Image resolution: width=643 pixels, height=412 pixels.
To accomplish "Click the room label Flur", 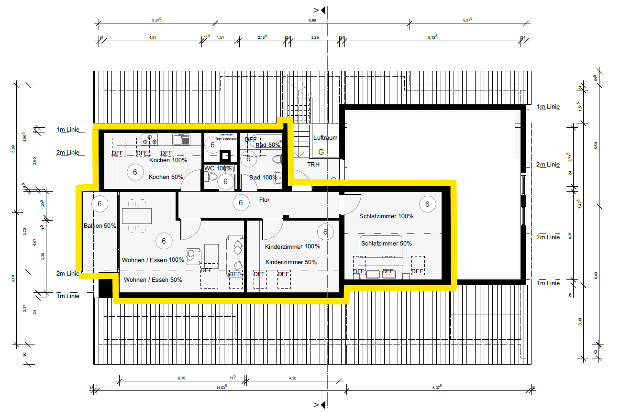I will (x=264, y=200).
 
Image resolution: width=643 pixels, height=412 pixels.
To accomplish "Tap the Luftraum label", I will (x=325, y=138).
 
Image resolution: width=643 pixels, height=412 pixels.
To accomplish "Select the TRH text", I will (x=313, y=164).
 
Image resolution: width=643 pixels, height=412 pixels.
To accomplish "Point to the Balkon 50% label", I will (x=100, y=226).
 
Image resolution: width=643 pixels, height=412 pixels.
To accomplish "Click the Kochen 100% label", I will (x=168, y=160).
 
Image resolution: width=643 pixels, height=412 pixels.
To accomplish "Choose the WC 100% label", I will (x=218, y=168).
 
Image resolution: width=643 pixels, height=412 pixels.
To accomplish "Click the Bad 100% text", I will (x=263, y=178).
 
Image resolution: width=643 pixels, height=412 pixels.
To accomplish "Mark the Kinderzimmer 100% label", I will (x=292, y=246).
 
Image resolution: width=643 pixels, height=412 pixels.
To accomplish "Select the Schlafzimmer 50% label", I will (x=386, y=244).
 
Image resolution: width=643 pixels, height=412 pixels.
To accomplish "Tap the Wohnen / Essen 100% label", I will (x=153, y=260).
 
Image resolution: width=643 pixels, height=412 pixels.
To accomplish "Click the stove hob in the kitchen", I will (x=150, y=139).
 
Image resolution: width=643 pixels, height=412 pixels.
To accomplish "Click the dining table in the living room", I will (x=137, y=216).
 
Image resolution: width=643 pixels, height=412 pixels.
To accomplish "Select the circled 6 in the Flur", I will (x=241, y=203).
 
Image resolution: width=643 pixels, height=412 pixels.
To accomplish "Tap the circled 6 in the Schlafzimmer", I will (x=427, y=204).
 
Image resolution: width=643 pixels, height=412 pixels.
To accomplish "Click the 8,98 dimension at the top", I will (x=312, y=20).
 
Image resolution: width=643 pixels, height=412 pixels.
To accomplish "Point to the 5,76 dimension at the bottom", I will (x=181, y=379).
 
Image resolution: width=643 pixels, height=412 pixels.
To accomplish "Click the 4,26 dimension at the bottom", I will (x=293, y=379).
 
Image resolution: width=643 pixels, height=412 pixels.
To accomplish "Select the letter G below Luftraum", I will (x=321, y=152).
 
